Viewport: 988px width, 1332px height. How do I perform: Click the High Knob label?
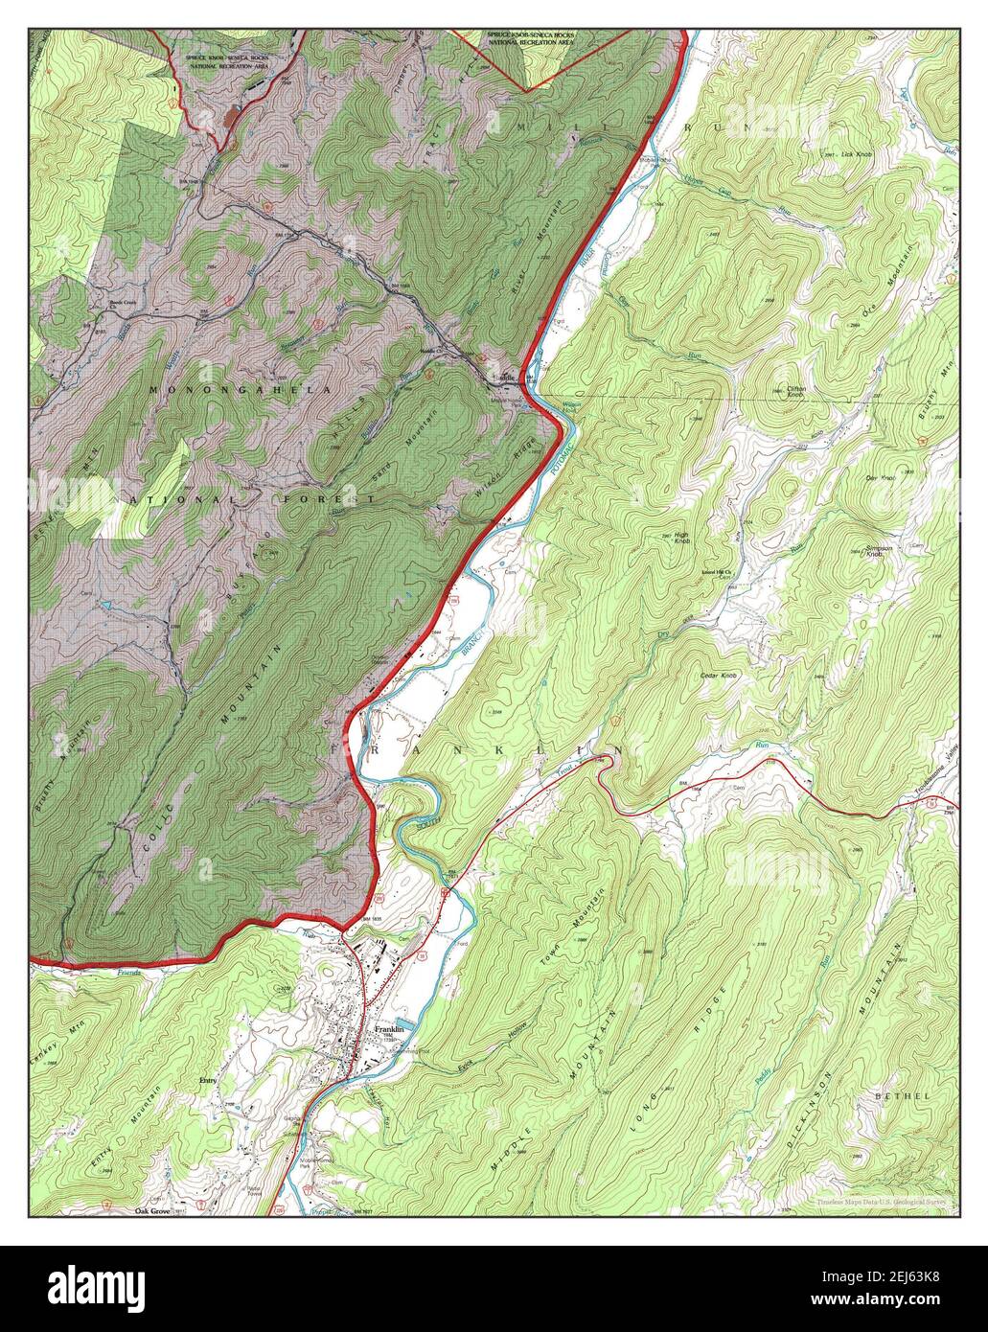click(681, 539)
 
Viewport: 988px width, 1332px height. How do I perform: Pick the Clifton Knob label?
click(800, 392)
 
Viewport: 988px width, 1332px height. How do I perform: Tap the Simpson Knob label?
click(879, 552)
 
